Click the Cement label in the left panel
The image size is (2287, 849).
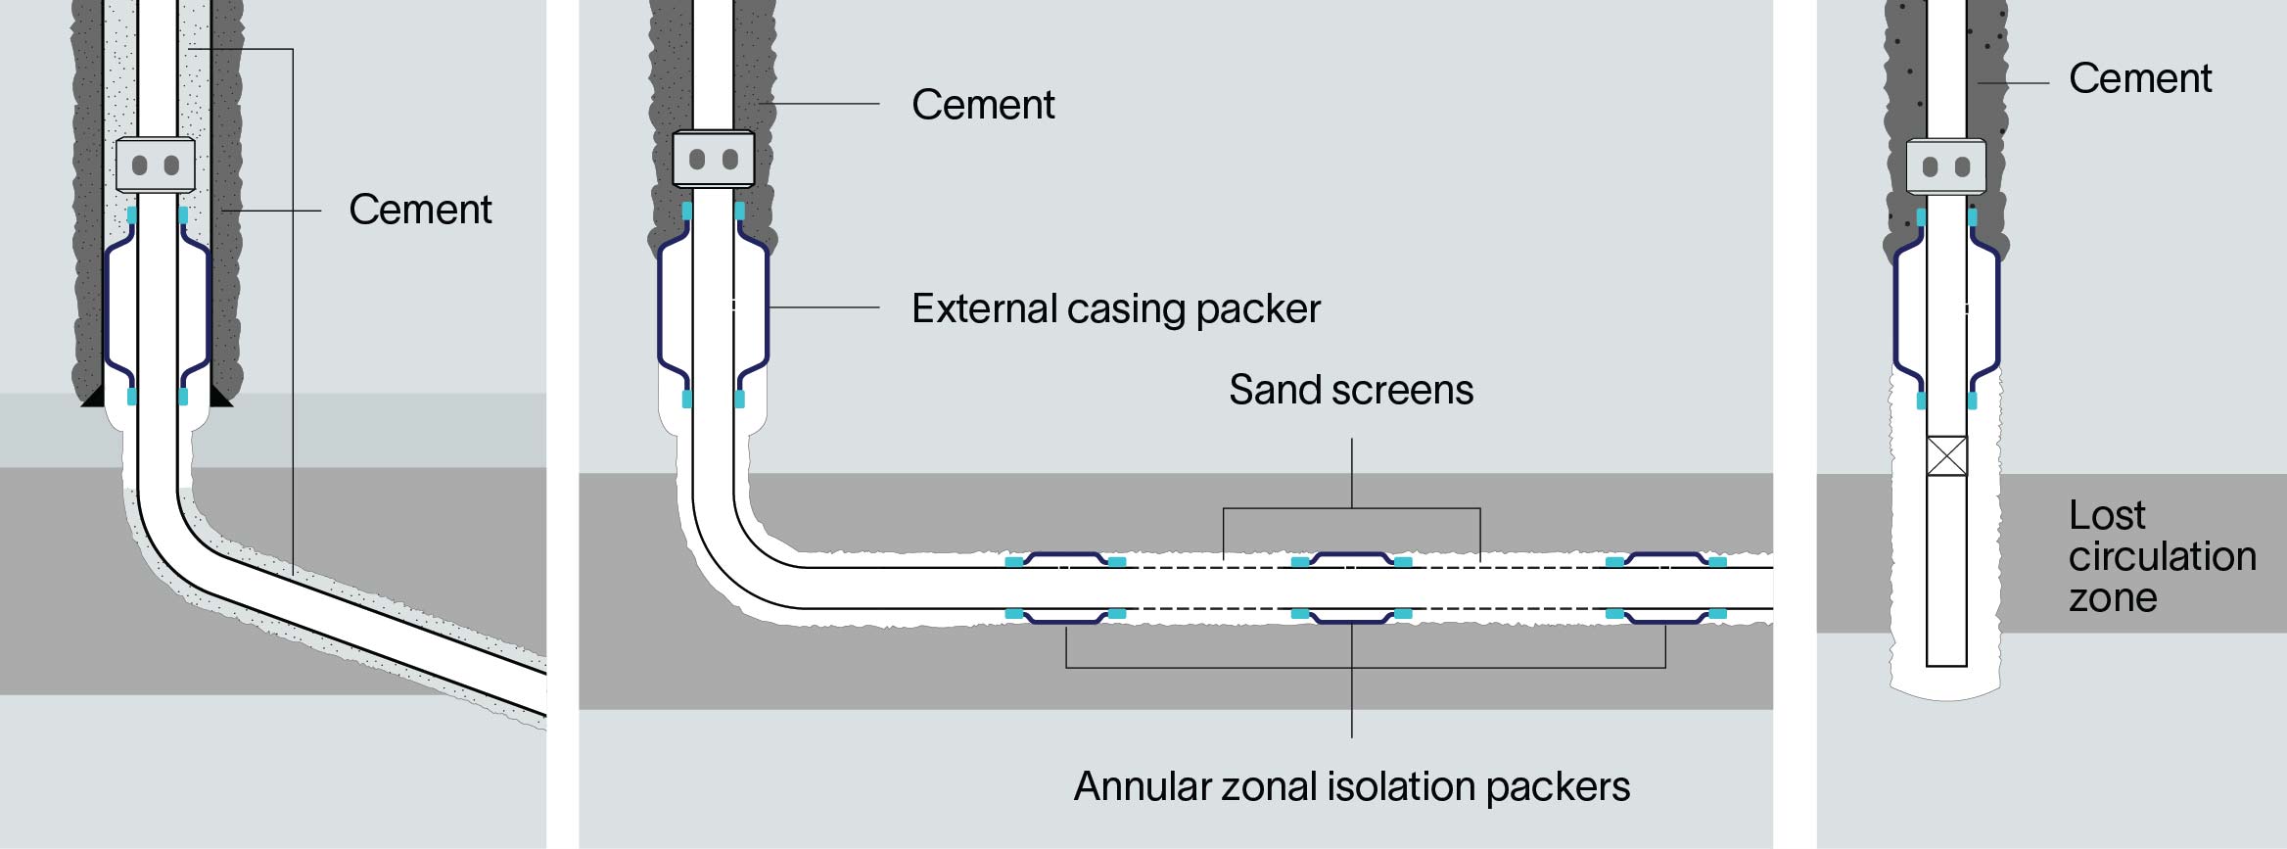tap(420, 210)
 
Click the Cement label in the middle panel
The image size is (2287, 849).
tap(983, 105)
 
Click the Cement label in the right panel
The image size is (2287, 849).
tap(2140, 78)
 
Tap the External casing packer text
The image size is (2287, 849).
tap(1116, 308)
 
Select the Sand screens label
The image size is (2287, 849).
tap(1351, 390)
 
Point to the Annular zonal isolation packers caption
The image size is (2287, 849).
tap(1351, 786)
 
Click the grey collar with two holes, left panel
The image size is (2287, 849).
tap(155, 165)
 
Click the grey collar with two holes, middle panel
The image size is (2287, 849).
tap(713, 159)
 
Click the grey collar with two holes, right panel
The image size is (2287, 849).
tap(1945, 166)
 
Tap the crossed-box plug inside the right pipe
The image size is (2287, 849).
tap(1946, 455)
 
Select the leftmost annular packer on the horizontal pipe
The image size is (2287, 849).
tap(1066, 588)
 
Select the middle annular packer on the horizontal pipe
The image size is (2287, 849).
tap(1351, 588)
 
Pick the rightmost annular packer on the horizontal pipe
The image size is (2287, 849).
tap(1665, 588)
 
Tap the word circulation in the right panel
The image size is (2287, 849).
tap(2162, 556)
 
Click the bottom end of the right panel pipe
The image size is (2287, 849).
tap(1946, 663)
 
